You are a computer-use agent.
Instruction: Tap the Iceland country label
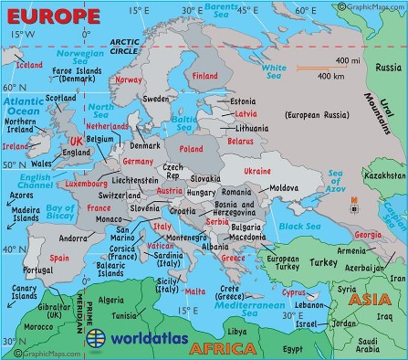coord(29,65)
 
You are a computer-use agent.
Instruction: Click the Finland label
coord(205,76)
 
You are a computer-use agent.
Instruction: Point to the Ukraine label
coord(256,171)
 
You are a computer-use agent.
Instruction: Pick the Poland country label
coord(192,147)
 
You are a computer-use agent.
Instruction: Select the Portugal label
coord(33,270)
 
